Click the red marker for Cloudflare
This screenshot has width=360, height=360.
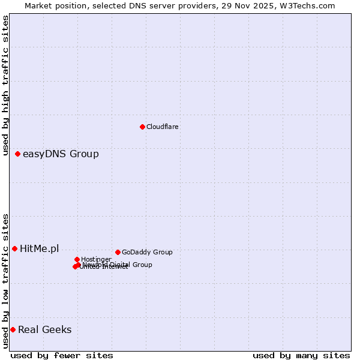coord(142,127)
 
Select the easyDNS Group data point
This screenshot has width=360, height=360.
coord(17,154)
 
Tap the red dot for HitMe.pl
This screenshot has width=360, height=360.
coord(14,248)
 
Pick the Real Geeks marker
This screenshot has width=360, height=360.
coord(13,329)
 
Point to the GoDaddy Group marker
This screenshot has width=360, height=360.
coord(118,252)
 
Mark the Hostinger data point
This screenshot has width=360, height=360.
coord(77,259)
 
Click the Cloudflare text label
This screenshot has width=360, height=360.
coord(163,127)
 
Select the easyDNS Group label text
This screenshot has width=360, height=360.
coord(61,154)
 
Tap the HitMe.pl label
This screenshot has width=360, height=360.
coord(40,248)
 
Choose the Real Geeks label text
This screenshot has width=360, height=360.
coord(45,329)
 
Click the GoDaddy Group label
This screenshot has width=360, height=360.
coord(147,252)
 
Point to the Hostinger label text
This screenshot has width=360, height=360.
coord(96,259)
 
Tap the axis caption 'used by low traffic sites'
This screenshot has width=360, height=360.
coord(5,281)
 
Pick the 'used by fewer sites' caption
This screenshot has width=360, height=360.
coord(62,355)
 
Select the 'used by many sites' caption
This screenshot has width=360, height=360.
coord(301,355)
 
